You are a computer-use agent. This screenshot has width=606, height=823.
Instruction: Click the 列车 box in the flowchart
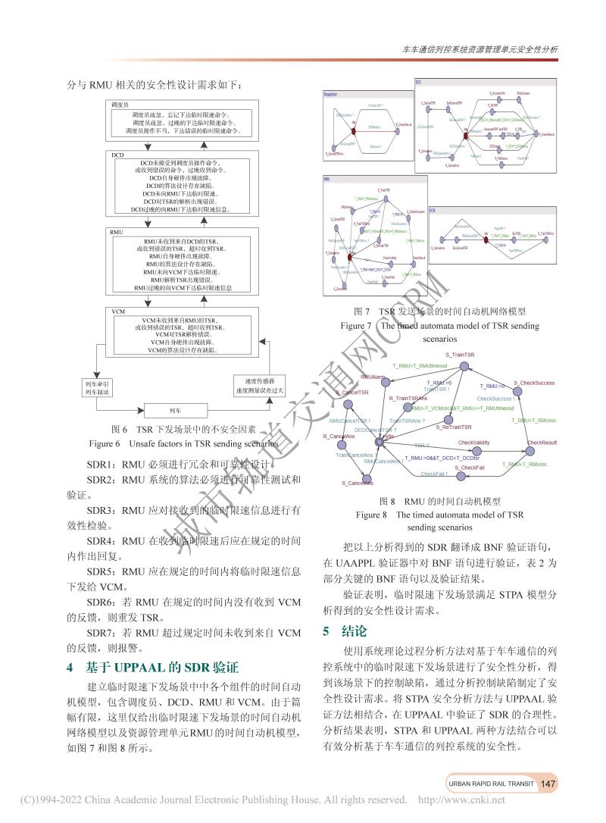(175, 411)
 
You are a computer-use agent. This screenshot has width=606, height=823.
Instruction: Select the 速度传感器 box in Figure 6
(260, 385)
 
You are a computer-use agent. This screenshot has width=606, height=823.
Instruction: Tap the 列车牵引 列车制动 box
(97, 387)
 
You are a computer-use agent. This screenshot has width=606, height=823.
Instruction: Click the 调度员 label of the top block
(122, 102)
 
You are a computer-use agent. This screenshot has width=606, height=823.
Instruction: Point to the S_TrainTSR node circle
(460, 364)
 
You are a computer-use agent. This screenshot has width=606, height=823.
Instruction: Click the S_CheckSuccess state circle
(534, 392)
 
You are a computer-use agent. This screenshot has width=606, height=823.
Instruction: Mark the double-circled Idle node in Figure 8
(389, 440)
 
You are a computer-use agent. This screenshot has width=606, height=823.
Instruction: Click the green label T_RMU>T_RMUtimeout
(420, 366)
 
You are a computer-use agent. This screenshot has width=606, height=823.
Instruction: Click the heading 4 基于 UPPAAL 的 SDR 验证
(152, 667)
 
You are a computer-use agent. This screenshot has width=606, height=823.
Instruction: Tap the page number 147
(549, 784)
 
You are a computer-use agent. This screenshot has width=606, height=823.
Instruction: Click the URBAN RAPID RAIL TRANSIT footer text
(491, 784)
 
